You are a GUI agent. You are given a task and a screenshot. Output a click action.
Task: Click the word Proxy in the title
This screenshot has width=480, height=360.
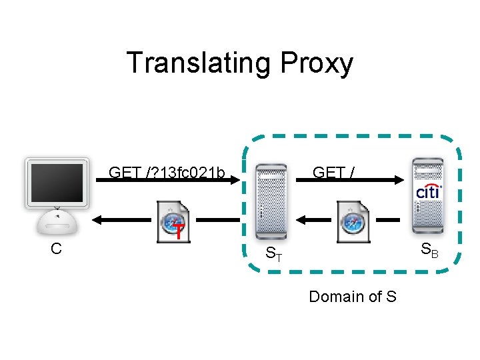point(317,65)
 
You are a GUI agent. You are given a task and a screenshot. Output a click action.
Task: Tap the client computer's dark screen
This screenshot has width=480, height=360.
point(57,183)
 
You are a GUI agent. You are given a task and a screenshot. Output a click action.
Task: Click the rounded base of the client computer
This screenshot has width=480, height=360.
point(57,223)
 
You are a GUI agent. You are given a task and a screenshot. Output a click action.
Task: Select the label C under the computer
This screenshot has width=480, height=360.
point(56,249)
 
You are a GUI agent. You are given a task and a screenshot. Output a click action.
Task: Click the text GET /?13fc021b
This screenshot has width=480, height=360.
point(167,172)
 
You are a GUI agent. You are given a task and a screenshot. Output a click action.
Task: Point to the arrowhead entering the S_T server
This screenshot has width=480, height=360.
point(235,180)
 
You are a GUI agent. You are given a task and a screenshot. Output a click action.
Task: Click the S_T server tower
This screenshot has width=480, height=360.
point(271,202)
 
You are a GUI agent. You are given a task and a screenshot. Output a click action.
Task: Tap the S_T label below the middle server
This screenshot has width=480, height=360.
point(274,253)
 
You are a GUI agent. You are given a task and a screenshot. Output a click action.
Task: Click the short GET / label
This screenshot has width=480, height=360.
point(333,172)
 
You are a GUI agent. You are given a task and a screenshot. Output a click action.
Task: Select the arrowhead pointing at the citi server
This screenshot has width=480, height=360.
point(399,180)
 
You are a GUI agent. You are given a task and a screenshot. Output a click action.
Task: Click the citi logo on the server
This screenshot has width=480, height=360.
point(429,191)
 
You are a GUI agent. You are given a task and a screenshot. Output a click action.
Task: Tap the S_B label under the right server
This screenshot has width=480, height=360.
point(429,250)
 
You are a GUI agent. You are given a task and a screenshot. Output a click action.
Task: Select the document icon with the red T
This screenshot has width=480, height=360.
point(173,222)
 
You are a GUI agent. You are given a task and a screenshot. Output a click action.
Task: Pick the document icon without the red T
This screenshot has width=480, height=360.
point(353,222)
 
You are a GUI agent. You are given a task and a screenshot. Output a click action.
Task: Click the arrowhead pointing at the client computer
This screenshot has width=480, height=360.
point(97,220)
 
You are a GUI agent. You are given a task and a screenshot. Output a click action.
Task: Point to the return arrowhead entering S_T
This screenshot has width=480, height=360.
point(301,220)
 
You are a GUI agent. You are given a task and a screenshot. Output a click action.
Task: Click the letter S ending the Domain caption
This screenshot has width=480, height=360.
point(391,296)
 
